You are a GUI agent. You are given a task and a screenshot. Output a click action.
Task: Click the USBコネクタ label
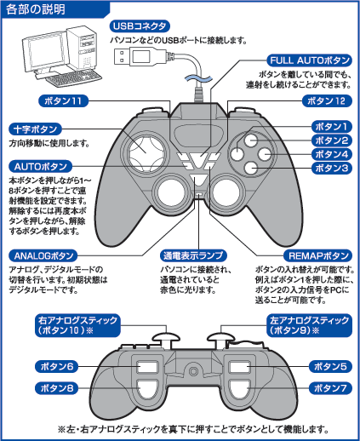coord(140,26)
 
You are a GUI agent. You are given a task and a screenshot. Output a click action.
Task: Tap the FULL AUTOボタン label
coord(310,60)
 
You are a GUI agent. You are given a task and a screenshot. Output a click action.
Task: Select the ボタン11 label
coord(63,101)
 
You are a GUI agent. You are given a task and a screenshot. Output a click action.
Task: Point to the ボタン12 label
coord(326,101)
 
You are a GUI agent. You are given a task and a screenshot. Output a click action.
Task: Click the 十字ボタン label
coord(36,129)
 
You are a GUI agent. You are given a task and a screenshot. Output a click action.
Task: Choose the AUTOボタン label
coord(41,167)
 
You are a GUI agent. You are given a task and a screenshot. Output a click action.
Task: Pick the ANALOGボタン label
coord(43,256)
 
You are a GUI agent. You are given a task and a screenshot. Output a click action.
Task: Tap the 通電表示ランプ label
coord(193,256)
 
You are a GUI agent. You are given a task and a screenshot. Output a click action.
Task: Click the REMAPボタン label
coord(318,256)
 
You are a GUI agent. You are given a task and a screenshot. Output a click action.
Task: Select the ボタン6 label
coord(56,367)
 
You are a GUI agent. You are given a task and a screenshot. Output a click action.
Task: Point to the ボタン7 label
coord(330,388)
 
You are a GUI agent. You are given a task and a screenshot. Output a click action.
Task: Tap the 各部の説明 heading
coord(36,9)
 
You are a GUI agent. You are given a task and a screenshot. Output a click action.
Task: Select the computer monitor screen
coord(45,51)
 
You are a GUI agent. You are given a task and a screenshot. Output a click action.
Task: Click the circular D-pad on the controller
coord(146,154)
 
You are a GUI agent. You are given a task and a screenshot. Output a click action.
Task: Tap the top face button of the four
coord(251,140)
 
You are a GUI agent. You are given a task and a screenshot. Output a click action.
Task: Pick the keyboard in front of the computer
coord(73,77)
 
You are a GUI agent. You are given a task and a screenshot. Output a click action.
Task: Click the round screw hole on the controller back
coord(193,371)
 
